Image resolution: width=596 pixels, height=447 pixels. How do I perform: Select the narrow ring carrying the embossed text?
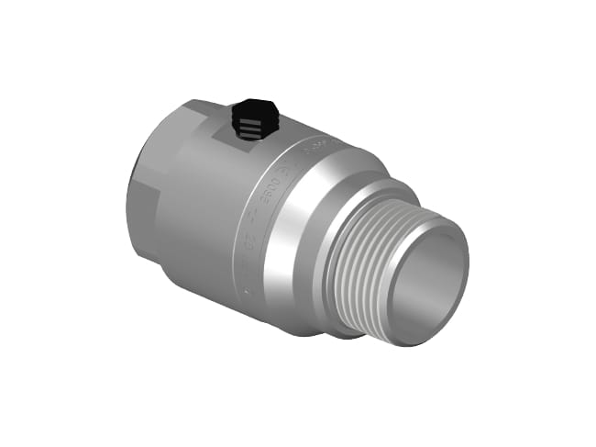(x=261, y=220)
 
